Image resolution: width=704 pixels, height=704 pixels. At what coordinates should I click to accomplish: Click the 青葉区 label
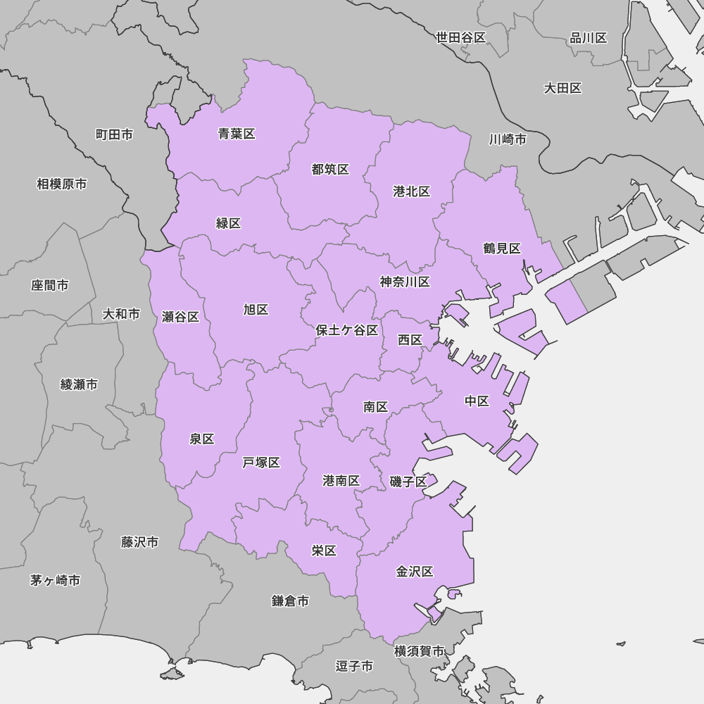click(x=237, y=134)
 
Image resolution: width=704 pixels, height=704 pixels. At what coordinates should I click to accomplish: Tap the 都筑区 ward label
click(x=330, y=170)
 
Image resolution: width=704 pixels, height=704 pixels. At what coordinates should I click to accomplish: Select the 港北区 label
click(x=412, y=191)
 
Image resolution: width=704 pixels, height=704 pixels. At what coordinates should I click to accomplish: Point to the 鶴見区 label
click(x=502, y=248)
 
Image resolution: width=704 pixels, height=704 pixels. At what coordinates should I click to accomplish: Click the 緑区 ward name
click(x=229, y=223)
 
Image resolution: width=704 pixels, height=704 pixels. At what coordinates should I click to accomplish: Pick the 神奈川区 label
click(x=405, y=282)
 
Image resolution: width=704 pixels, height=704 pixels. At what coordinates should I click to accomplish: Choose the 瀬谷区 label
click(x=181, y=317)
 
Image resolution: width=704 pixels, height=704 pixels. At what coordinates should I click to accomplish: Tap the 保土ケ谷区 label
click(x=347, y=330)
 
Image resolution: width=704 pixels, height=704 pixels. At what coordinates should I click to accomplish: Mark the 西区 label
click(x=410, y=340)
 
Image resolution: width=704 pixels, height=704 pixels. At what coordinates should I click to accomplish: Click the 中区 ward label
click(x=477, y=401)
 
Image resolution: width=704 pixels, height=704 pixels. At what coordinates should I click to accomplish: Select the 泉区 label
click(x=202, y=439)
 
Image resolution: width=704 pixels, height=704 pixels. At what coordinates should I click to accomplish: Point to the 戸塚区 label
click(x=261, y=463)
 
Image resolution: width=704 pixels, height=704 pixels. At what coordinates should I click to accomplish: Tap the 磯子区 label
click(x=408, y=482)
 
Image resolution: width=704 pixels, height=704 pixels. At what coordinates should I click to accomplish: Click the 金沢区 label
click(x=415, y=572)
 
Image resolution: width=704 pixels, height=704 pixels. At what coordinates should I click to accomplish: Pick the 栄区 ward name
click(x=324, y=551)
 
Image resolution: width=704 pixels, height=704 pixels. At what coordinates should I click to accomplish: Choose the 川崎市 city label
click(x=508, y=139)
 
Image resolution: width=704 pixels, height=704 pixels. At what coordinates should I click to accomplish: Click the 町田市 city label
click(x=114, y=134)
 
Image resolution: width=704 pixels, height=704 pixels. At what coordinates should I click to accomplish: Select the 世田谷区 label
click(x=461, y=38)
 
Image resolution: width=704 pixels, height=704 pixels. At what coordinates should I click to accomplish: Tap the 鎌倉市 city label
click(x=290, y=601)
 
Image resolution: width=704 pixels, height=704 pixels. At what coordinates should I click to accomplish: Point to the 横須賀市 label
click(x=419, y=651)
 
